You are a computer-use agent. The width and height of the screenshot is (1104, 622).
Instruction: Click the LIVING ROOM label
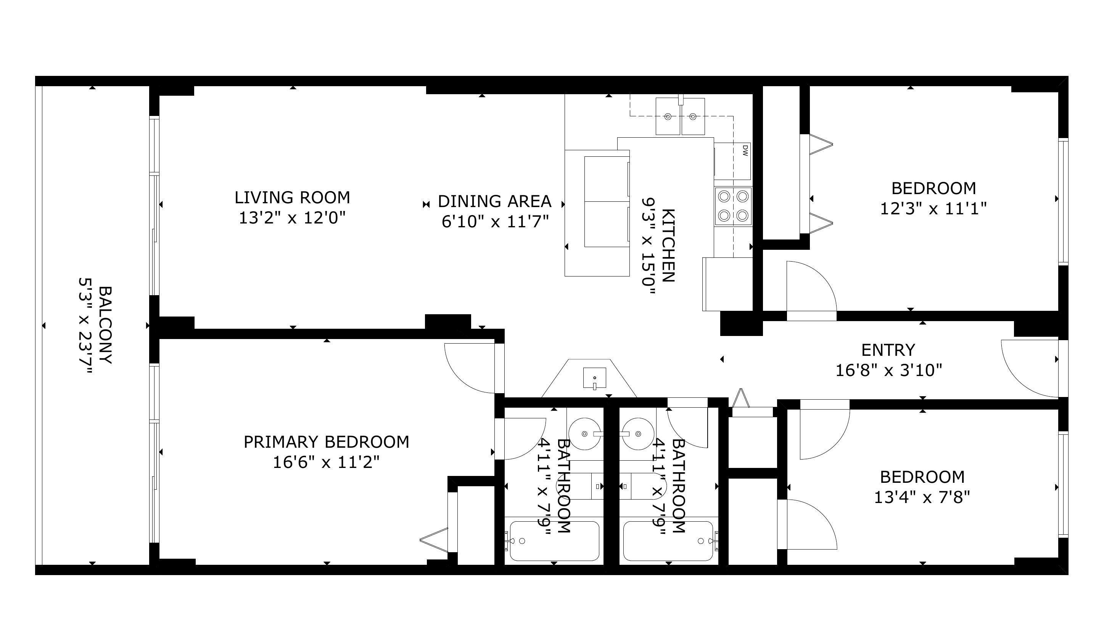(292, 198)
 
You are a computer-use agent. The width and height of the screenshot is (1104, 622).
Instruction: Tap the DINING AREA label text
(494, 201)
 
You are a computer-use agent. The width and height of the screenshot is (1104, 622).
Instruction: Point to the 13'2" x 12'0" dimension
(292, 218)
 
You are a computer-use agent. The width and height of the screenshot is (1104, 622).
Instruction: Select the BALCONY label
(105, 325)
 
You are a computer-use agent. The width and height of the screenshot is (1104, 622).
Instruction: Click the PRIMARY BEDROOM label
(326, 442)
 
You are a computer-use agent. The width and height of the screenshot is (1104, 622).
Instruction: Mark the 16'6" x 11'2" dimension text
(326, 462)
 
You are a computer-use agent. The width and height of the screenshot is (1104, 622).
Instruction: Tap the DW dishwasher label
(745, 150)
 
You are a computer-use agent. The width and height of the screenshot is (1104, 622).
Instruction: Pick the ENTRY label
(888, 350)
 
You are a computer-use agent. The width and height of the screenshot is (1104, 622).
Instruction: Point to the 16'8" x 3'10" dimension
(888, 370)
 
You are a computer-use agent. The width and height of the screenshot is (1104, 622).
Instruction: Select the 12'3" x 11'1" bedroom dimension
(933, 209)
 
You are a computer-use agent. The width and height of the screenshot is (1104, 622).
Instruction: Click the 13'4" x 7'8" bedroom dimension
(922, 497)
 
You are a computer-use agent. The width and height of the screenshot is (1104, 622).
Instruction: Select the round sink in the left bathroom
(584, 434)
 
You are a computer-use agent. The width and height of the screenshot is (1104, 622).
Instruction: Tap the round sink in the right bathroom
(639, 434)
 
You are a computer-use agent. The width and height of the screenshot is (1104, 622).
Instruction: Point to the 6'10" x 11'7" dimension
(495, 222)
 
